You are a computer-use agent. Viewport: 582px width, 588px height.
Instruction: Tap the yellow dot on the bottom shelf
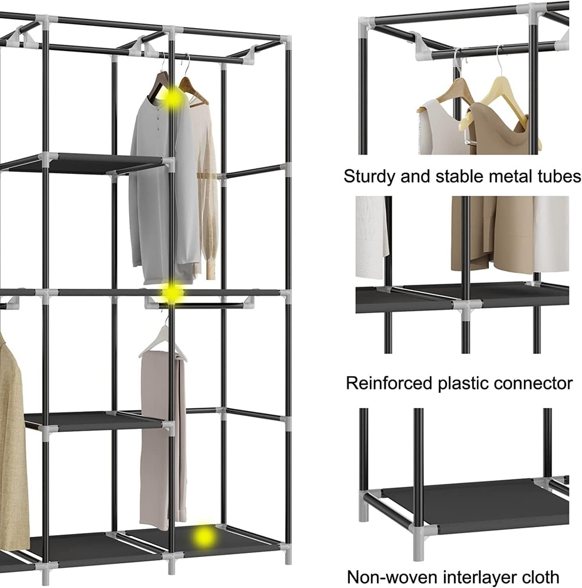[204, 537]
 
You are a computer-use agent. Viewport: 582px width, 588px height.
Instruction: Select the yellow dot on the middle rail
[171, 293]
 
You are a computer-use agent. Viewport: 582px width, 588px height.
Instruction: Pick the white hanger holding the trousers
[162, 342]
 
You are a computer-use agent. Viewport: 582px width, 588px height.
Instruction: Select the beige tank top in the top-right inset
[500, 132]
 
